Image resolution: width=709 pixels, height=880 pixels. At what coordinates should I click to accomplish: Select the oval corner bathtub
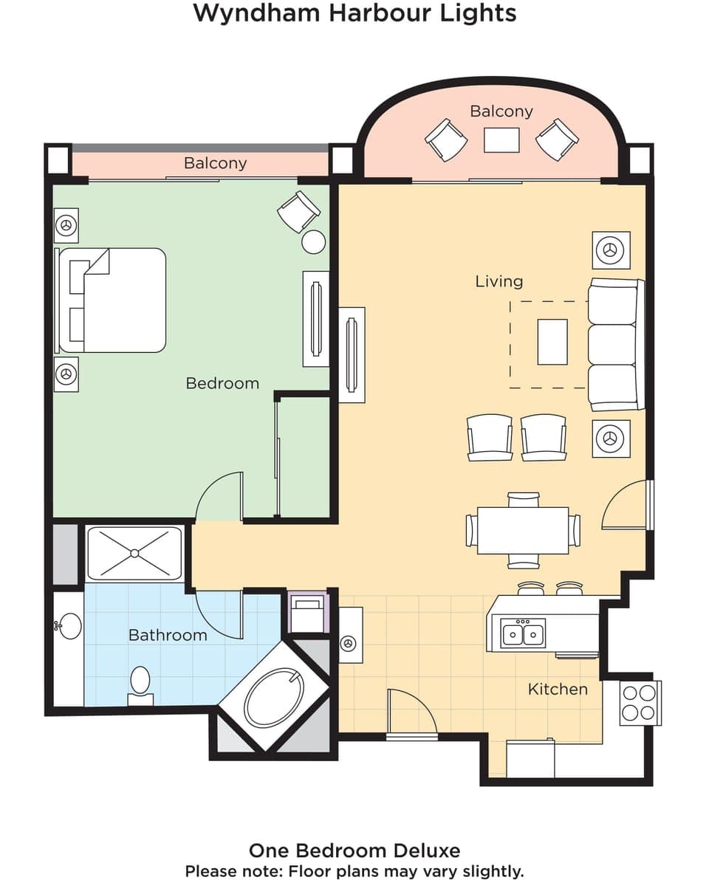pos(274,698)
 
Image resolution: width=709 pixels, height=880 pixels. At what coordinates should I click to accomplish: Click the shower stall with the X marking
pos(134,553)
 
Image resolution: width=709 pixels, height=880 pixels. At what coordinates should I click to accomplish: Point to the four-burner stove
pos(640,703)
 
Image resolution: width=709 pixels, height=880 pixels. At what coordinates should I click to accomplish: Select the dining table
pos(523,530)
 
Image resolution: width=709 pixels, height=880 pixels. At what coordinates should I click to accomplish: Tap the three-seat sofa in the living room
pos(614,344)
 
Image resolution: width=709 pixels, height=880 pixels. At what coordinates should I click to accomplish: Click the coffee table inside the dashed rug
pos(552,342)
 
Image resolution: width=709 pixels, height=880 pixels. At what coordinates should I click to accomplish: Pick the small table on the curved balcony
pos(501,140)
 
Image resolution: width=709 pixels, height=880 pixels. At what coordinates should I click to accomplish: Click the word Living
pos(499,281)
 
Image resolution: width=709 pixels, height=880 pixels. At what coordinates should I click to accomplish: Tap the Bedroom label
pos(222,383)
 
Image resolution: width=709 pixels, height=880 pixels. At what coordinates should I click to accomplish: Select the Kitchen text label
pos(558,689)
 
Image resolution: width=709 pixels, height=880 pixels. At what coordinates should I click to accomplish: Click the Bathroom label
pos(168,635)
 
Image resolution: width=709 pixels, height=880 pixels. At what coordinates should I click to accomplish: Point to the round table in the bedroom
pos(314,242)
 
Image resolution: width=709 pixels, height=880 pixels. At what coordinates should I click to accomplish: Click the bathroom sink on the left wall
pos(69,626)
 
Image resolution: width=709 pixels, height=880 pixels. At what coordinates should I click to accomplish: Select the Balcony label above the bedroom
pos(215,163)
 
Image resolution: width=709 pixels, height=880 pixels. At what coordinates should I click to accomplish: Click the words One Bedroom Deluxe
pos(354,850)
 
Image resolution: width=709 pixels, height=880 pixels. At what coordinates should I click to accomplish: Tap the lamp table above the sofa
pos(611,250)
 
